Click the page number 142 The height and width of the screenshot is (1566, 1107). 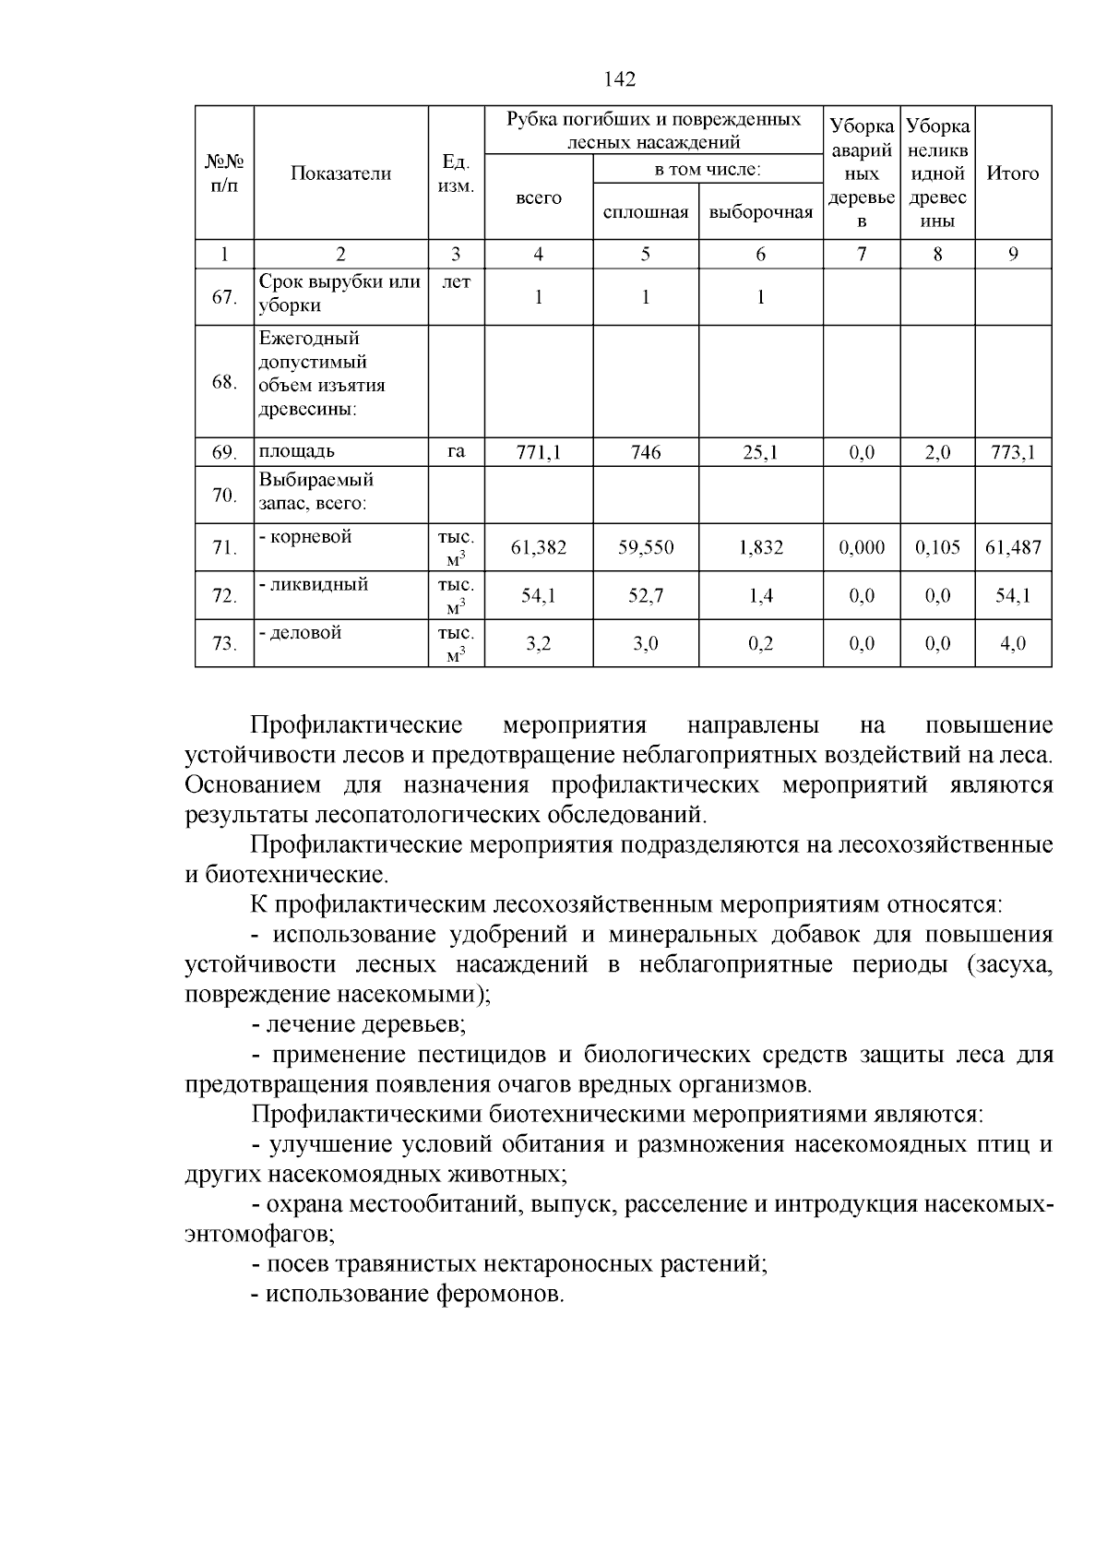[x=620, y=80]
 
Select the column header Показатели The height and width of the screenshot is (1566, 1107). [x=340, y=173]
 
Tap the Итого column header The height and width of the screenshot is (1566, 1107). [x=1013, y=173]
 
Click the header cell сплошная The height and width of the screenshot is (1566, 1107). [x=646, y=212]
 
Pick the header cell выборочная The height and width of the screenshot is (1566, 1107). [x=760, y=212]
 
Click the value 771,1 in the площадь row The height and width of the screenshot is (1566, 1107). [x=539, y=452]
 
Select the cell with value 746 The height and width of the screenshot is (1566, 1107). [x=646, y=452]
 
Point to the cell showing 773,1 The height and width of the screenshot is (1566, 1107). [x=1013, y=452]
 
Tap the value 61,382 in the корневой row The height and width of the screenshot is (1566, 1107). [x=539, y=548]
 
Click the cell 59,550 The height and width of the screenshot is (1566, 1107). [x=646, y=548]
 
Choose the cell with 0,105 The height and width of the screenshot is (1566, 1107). [x=937, y=548]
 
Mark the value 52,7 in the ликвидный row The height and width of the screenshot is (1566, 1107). [x=646, y=596]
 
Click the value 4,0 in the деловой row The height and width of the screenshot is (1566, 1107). [x=1013, y=644]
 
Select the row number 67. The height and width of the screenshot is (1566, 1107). [x=224, y=297]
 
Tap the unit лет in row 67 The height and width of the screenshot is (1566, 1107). [x=456, y=283]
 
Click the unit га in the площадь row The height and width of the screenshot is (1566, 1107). [x=456, y=451]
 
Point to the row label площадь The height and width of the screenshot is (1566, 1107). [x=297, y=451]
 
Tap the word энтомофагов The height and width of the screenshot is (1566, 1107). [x=258, y=1234]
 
